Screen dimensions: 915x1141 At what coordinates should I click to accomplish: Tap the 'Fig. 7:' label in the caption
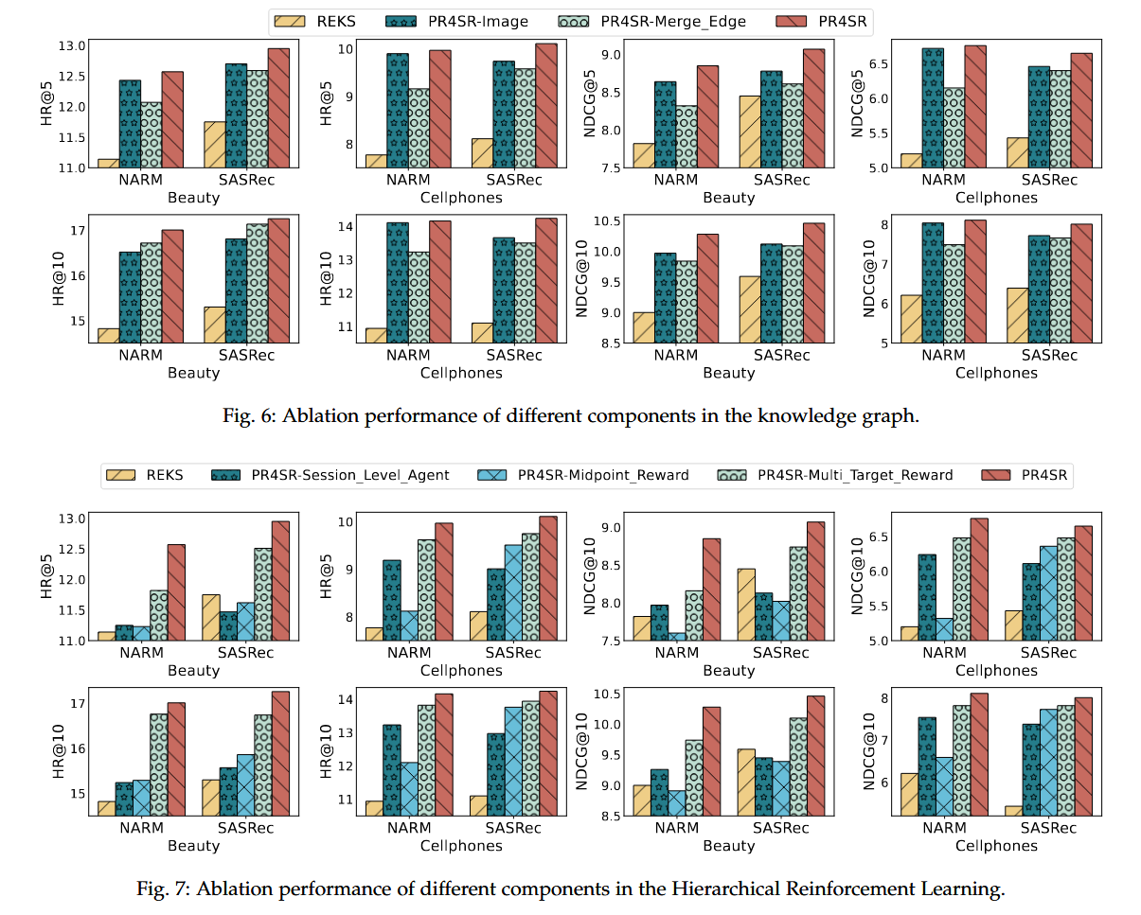click(163, 889)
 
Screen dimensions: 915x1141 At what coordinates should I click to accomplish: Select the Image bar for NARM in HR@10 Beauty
click(130, 297)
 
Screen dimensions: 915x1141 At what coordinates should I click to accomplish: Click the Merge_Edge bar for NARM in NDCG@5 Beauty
click(688, 136)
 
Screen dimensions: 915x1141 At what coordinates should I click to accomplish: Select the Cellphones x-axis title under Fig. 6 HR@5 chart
click(461, 198)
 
